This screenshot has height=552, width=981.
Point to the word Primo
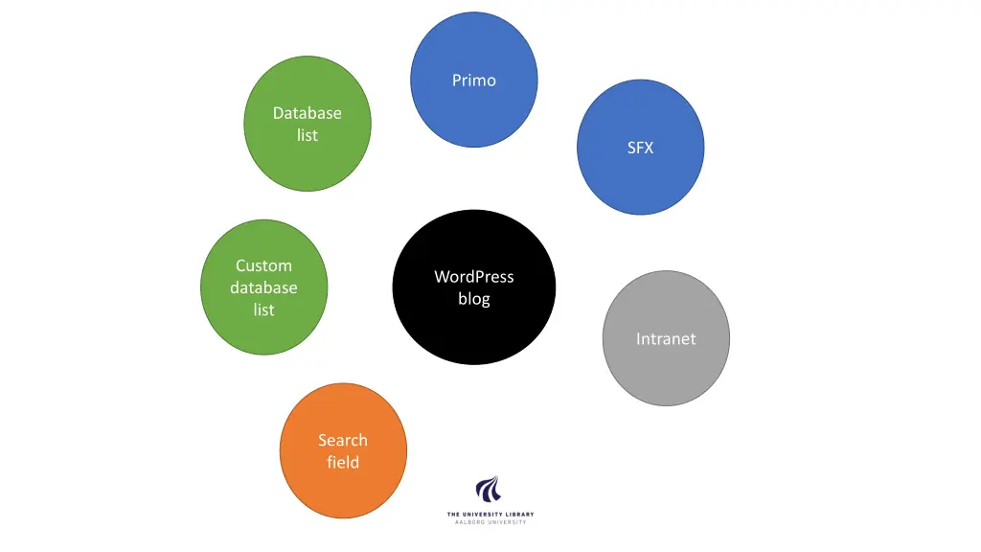[474, 80]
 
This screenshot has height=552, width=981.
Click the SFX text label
[640, 148]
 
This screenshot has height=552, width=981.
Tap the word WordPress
[474, 277]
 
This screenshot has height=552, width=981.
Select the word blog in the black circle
[474, 299]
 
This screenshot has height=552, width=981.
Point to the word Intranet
[666, 338]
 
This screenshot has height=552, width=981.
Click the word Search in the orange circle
[343, 440]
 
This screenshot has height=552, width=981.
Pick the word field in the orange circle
[343, 462]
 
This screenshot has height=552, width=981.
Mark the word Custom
[263, 265]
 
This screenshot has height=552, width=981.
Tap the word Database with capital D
[307, 113]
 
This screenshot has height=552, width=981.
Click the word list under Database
[307, 135]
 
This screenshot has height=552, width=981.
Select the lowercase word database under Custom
[263, 287]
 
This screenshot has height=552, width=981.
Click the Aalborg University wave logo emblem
[489, 490]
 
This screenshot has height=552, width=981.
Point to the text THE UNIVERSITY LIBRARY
[490, 515]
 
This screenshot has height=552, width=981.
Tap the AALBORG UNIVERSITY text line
[490, 522]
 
